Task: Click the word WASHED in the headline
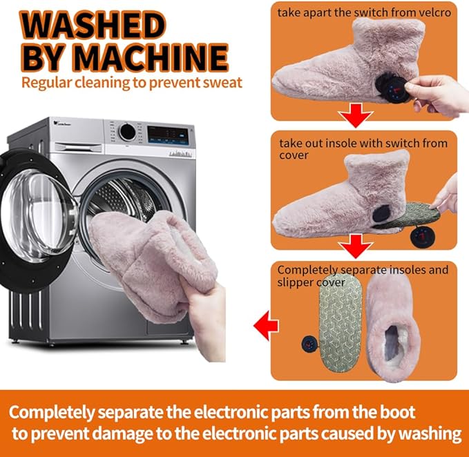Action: (93, 26)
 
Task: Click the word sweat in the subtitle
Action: (222, 83)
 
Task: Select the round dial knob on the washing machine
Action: (127, 132)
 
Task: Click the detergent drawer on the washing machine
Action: (79, 147)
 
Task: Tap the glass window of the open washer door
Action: (37, 215)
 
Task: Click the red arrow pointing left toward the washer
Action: (266, 325)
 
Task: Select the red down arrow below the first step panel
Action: (356, 115)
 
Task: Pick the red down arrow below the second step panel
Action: (356, 246)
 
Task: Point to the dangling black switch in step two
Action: (422, 237)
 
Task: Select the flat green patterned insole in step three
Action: (340, 323)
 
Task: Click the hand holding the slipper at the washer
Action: (207, 320)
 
